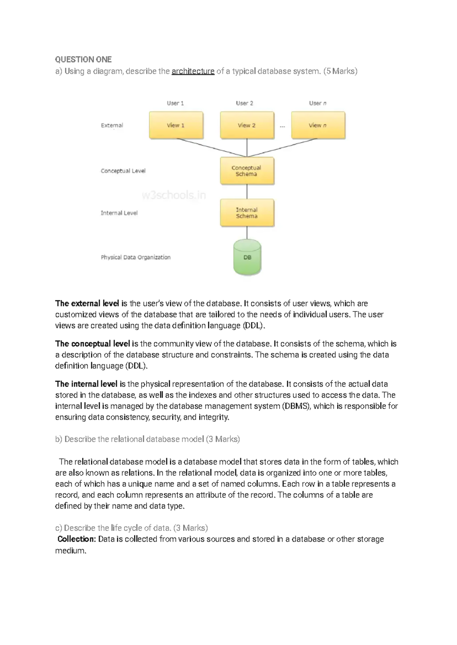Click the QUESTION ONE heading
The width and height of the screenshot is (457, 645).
pyautogui.click(x=83, y=59)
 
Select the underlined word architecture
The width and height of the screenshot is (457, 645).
pyautogui.click(x=193, y=71)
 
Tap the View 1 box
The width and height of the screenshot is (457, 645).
pyautogui.click(x=176, y=125)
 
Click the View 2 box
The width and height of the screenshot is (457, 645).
pyautogui.click(x=247, y=125)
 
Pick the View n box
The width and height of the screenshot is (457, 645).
pyautogui.click(x=318, y=125)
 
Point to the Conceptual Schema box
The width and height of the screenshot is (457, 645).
pyautogui.click(x=247, y=171)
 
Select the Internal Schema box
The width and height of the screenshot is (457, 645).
pyautogui.click(x=247, y=213)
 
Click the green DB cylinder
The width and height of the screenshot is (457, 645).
pyautogui.click(x=247, y=257)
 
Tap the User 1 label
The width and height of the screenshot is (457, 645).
pyautogui.click(x=175, y=103)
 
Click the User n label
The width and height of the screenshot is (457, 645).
pyautogui.click(x=318, y=103)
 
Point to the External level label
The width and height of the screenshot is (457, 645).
pyautogui.click(x=112, y=125)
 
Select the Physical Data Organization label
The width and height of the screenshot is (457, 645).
pyautogui.click(x=136, y=257)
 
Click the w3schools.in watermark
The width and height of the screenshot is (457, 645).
pyautogui.click(x=174, y=195)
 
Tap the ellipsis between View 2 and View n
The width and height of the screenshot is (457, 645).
pyautogui.click(x=282, y=126)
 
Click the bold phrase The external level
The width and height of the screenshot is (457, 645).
pyautogui.click(x=87, y=303)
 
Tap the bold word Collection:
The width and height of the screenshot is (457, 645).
pyautogui.click(x=76, y=539)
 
